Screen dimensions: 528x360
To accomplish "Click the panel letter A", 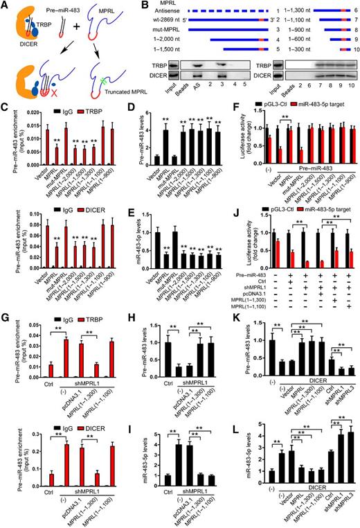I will click(x=5, y=6).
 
